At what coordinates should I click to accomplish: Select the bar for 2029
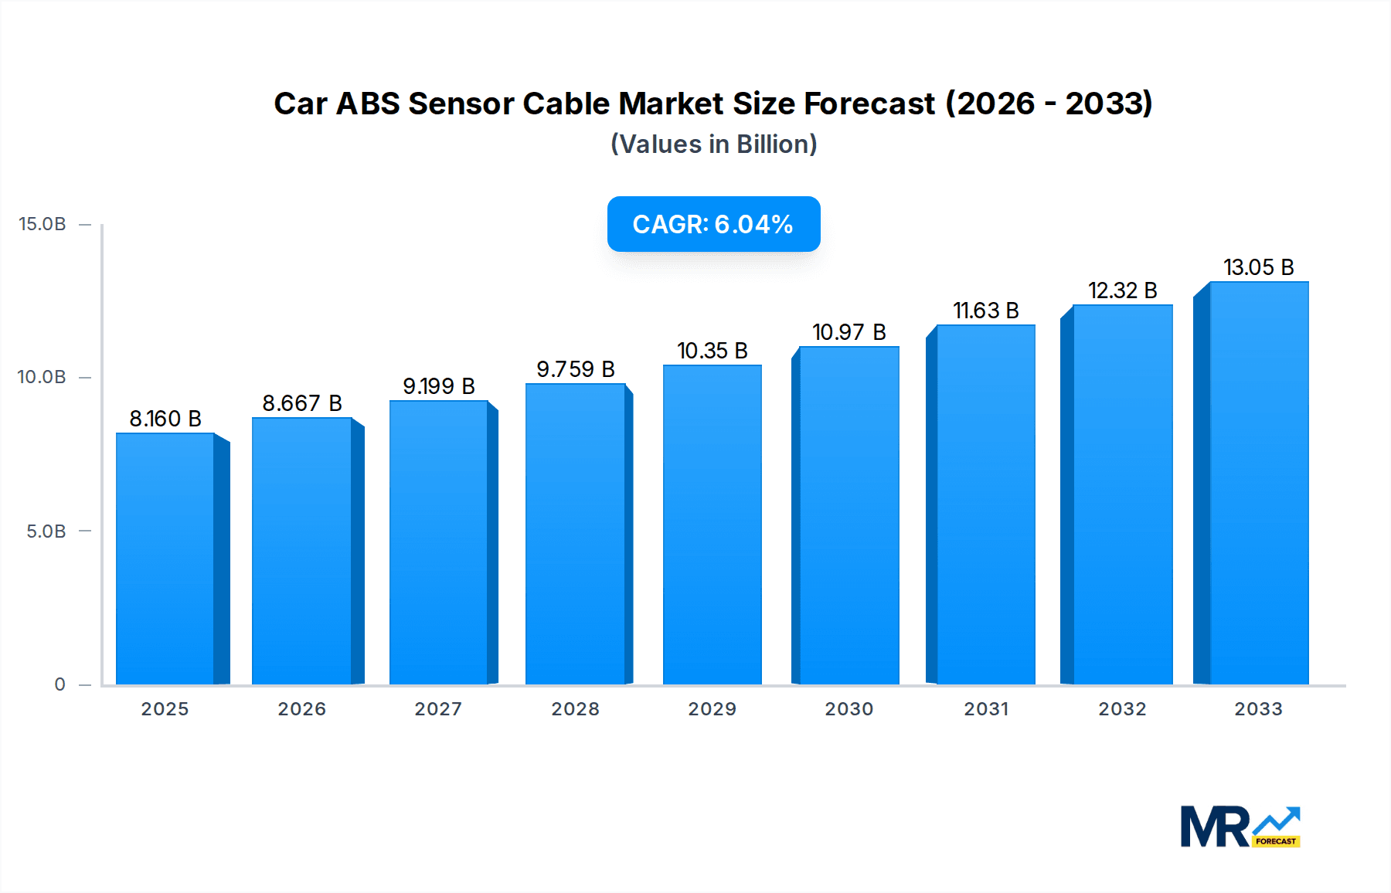tap(712, 525)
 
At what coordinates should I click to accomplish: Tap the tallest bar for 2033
tap(1259, 484)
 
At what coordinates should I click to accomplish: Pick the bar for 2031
tap(985, 505)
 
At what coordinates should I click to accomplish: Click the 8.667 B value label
tap(302, 403)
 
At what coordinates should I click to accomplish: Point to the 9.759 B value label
tap(576, 369)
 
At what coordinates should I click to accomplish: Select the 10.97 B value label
tap(849, 332)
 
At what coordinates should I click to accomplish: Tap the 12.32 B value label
tap(1122, 290)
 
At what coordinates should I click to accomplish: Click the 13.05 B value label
tap(1258, 267)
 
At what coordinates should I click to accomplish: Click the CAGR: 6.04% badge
tap(713, 224)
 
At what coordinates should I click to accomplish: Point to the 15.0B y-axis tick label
tap(43, 224)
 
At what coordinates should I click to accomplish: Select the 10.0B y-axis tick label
tap(43, 377)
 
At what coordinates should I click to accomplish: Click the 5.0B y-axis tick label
tap(46, 531)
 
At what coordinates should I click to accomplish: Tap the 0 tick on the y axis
tap(60, 684)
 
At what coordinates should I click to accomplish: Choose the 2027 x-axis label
tap(438, 709)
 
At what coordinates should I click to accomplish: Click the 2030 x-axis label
tap(849, 709)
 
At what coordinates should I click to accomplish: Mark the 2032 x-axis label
tap(1122, 709)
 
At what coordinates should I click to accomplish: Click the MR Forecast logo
tap(1240, 827)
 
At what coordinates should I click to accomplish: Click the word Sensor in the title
tap(461, 104)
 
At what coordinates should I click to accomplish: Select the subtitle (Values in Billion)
tap(713, 144)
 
